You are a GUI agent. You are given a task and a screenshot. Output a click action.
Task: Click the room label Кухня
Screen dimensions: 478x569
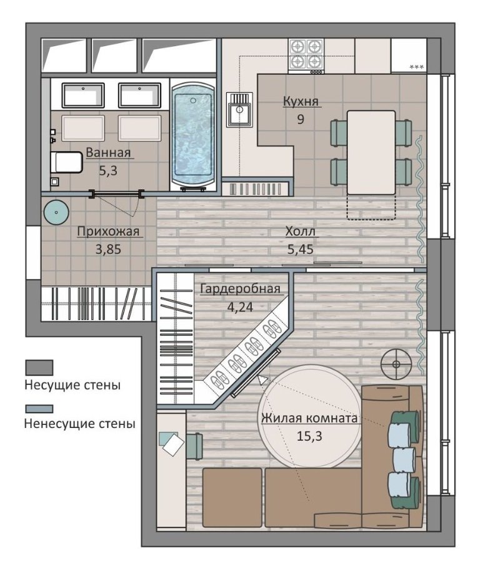point(301,101)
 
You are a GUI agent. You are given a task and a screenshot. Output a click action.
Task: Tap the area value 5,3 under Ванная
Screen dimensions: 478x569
point(108,170)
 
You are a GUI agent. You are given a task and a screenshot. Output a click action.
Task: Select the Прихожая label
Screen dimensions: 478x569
point(108,231)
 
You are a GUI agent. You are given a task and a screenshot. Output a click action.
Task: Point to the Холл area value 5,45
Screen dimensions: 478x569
point(301,250)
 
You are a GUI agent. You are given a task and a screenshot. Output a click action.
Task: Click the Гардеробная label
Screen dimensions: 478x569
point(241,289)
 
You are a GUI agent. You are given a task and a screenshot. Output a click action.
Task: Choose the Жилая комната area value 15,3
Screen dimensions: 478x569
point(309,436)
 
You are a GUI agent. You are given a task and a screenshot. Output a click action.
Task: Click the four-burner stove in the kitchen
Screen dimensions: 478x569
point(306,56)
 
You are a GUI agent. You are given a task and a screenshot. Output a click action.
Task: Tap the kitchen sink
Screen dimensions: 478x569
point(239,110)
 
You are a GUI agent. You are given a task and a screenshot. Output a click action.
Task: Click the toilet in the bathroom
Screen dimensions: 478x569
point(66,162)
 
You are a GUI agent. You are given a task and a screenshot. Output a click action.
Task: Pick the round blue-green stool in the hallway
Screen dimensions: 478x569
point(56,212)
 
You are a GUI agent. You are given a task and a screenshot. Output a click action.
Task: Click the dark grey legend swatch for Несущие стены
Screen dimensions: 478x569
point(39,367)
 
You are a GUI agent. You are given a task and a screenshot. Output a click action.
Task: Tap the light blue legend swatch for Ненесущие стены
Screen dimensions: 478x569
point(39,409)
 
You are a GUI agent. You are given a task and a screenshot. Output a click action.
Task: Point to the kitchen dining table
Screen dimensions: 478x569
point(371,152)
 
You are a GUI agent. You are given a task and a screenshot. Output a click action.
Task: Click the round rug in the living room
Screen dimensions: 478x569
point(309,417)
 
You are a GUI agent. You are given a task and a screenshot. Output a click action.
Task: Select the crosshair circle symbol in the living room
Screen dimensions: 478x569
point(396,364)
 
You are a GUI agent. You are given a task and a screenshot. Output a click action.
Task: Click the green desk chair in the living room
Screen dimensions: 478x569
point(195,446)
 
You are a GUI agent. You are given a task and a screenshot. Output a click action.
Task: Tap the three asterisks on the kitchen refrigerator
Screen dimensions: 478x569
point(416,67)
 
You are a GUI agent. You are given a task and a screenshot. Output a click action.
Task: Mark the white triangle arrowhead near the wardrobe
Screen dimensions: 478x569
point(262,379)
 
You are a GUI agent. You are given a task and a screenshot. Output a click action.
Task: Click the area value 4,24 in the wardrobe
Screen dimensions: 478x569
point(240,307)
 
